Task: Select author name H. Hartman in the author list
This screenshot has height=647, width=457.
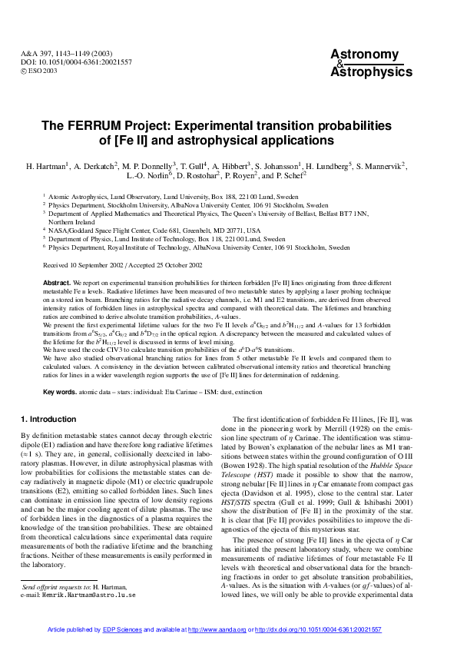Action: point(47,166)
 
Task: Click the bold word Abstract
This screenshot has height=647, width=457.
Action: point(59,284)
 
